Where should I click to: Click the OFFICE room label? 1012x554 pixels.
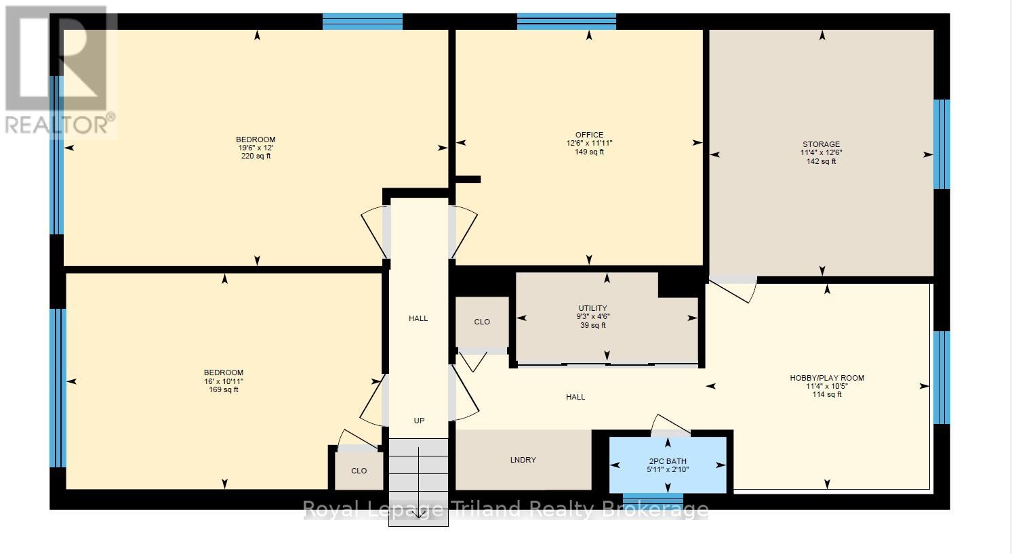[589, 135]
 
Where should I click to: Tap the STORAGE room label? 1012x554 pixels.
[821, 144]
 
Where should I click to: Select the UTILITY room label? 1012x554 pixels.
[592, 308]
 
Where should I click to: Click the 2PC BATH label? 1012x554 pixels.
[668, 461]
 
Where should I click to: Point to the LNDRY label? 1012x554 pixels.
[523, 460]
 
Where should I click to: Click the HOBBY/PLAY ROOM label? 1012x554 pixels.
[826, 378]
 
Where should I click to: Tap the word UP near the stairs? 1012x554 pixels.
[419, 421]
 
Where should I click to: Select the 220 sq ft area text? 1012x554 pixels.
[256, 156]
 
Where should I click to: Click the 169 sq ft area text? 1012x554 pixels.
[224, 389]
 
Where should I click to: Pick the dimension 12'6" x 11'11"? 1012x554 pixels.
[589, 144]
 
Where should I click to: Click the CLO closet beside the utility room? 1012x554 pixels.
[482, 322]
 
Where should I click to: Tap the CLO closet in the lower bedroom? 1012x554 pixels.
[359, 471]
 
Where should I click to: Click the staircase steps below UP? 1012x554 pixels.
[418, 474]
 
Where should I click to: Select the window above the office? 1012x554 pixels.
[566, 22]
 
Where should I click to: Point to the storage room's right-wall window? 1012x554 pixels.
[942, 144]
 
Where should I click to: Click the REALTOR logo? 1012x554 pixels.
[60, 71]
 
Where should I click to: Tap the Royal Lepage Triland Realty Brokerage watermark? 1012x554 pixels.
[505, 509]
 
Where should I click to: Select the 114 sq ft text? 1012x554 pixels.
[826, 395]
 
